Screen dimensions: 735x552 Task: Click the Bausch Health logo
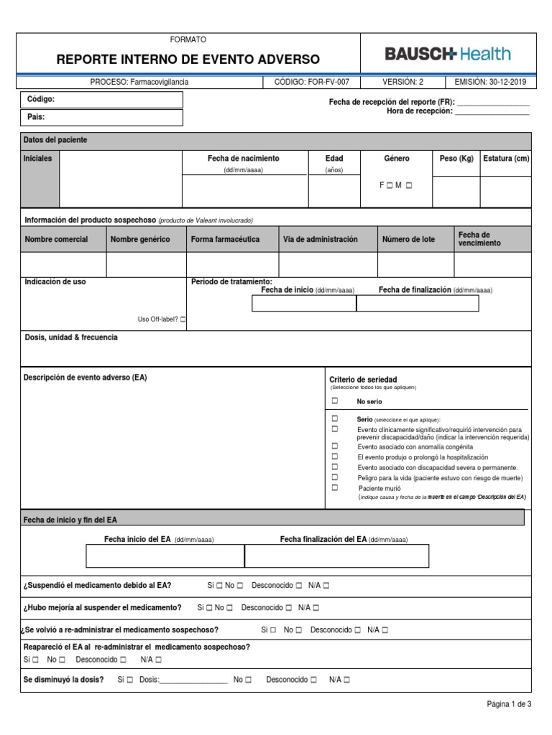pos(448,54)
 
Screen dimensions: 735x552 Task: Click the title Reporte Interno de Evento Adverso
pos(188,60)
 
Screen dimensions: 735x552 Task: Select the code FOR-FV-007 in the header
pos(312,82)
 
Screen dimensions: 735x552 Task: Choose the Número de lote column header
pos(408,239)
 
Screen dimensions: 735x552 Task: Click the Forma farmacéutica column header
pos(225,239)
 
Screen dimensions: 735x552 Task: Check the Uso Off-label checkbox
pos(183,319)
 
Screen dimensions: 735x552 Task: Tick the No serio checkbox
pos(334,401)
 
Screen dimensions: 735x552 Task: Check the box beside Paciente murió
pos(334,487)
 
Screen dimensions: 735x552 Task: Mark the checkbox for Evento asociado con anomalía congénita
pos(334,446)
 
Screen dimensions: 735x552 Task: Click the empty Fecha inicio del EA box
pos(165,556)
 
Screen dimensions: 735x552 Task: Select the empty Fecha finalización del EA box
pos(336,556)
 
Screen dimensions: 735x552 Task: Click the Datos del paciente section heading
pos(55,140)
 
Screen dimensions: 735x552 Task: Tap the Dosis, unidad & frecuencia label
pos(71,337)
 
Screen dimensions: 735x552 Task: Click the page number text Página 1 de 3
pos(509,704)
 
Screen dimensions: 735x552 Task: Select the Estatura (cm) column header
pos(506,159)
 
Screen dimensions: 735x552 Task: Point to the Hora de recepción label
pos(419,111)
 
